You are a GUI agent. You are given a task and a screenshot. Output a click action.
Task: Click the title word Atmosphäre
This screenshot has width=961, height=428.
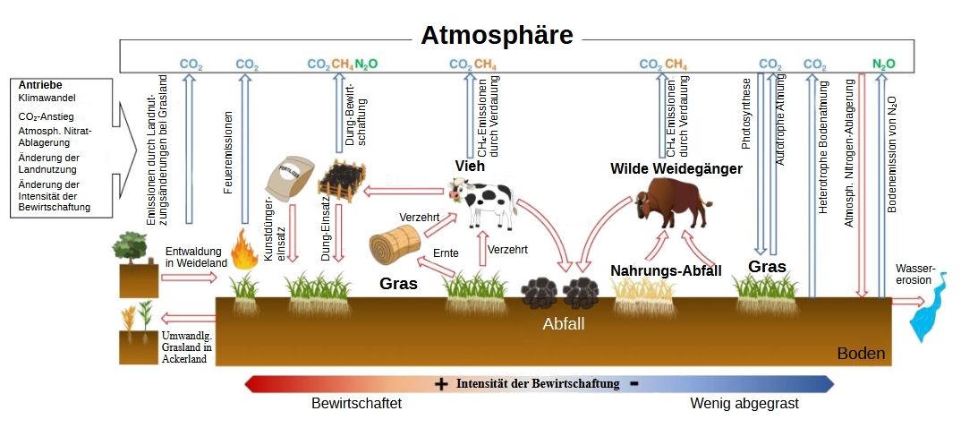tap(497, 35)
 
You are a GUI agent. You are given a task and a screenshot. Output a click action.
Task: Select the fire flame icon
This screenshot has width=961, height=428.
tap(243, 250)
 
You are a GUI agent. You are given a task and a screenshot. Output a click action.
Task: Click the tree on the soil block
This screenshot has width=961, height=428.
tap(132, 246)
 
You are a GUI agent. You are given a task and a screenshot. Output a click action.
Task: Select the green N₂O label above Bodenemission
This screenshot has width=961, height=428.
tap(883, 64)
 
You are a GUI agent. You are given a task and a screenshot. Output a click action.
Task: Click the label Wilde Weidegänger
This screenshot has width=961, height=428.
tap(676, 167)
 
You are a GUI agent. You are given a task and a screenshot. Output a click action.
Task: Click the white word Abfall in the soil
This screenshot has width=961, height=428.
tap(563, 324)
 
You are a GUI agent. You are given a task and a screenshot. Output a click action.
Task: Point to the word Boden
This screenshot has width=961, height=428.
tap(861, 354)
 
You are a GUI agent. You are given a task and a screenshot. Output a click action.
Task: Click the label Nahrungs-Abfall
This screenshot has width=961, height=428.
tap(666, 270)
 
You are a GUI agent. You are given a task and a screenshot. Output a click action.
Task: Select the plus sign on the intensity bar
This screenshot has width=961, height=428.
tap(441, 384)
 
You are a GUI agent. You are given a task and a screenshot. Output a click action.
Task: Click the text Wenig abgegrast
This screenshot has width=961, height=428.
tap(744, 404)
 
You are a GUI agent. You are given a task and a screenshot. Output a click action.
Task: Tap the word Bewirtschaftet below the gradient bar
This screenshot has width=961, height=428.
tap(356, 404)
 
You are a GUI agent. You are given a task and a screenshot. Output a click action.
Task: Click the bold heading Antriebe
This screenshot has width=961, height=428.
tap(40, 85)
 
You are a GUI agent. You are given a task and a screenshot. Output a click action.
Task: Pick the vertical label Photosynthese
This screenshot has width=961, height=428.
tap(747, 114)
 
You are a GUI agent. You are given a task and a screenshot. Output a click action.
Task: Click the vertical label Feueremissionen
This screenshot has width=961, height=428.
tap(228, 153)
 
